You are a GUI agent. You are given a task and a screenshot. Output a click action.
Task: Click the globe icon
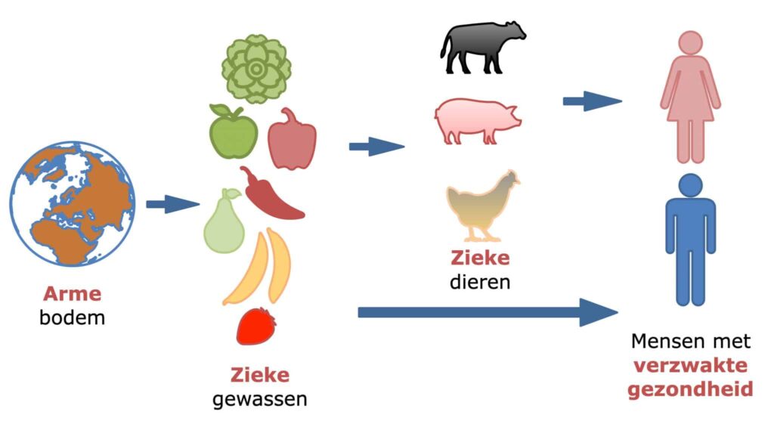[72, 204]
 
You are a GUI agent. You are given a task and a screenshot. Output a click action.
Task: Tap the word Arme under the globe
[72, 294]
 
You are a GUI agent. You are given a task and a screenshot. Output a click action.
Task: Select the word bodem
[72, 317]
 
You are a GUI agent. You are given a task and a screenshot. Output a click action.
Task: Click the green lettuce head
[256, 69]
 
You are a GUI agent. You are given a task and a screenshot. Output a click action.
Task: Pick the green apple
[233, 132]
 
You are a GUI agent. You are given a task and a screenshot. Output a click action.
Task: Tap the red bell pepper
[292, 139]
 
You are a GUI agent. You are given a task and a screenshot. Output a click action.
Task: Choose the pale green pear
[224, 222]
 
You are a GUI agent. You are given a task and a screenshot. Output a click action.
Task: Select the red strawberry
[255, 326]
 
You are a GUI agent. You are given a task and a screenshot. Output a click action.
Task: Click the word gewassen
[260, 399]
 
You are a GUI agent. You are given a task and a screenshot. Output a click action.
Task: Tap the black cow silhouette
[482, 48]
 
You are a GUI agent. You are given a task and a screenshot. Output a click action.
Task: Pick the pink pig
[477, 121]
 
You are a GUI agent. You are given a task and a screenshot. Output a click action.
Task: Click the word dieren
[480, 282]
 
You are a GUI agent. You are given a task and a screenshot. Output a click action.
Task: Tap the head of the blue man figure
[691, 186]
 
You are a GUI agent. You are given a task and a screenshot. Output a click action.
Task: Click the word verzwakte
[690, 366]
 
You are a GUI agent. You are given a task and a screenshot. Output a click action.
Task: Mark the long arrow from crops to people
[488, 312]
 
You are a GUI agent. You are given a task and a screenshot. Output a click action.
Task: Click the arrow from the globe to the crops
[173, 204]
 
